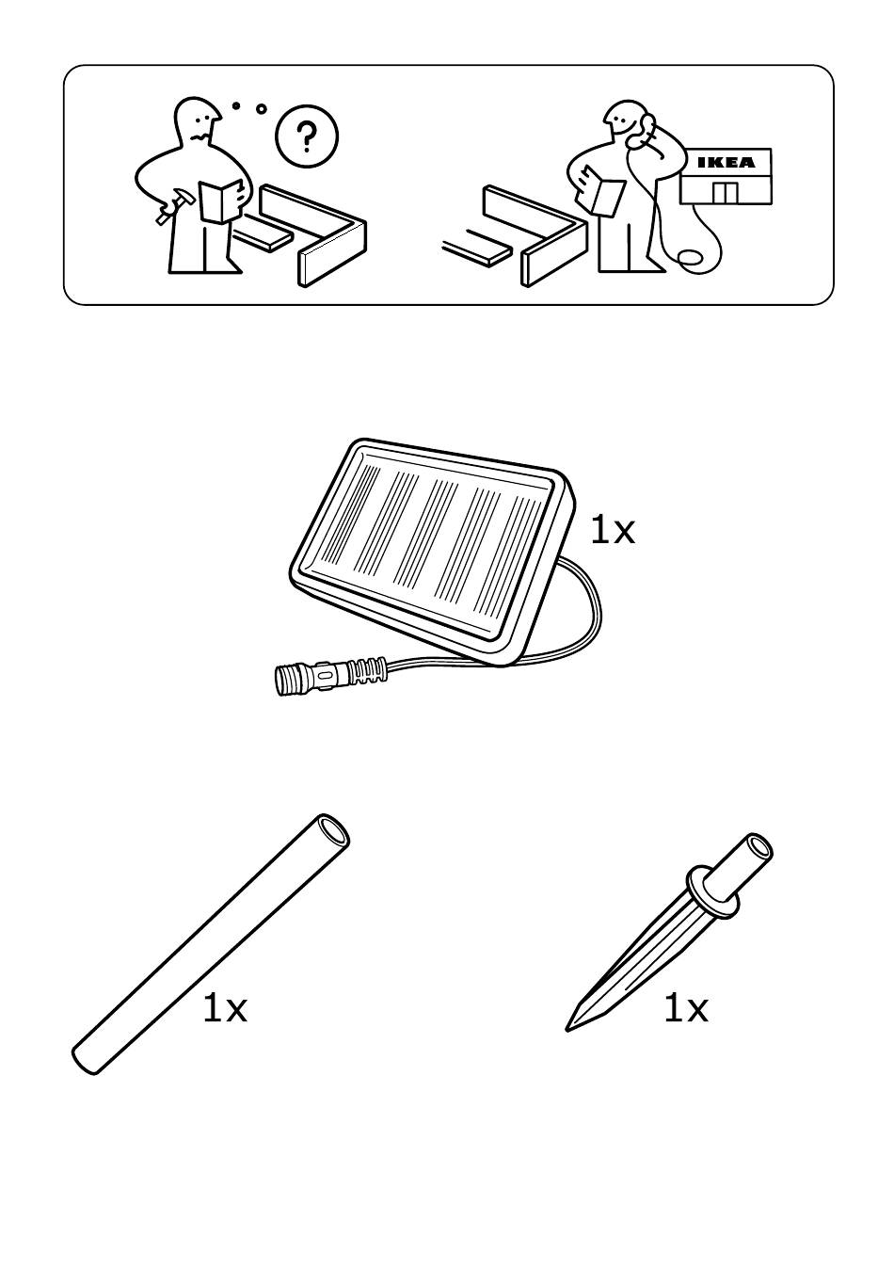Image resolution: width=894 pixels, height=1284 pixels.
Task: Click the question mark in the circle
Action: tap(307, 136)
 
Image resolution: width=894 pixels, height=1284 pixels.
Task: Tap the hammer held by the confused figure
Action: tap(171, 207)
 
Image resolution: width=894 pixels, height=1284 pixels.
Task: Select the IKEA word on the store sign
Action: tap(726, 162)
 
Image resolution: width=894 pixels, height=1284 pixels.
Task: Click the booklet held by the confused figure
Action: tap(221, 201)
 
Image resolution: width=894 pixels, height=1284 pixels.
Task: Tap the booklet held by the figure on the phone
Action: tap(601, 194)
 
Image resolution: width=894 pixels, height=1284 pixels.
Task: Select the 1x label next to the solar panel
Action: tap(612, 531)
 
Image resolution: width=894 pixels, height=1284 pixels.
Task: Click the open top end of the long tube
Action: tap(333, 830)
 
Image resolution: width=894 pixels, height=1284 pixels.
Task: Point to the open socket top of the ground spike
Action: tap(758, 847)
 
